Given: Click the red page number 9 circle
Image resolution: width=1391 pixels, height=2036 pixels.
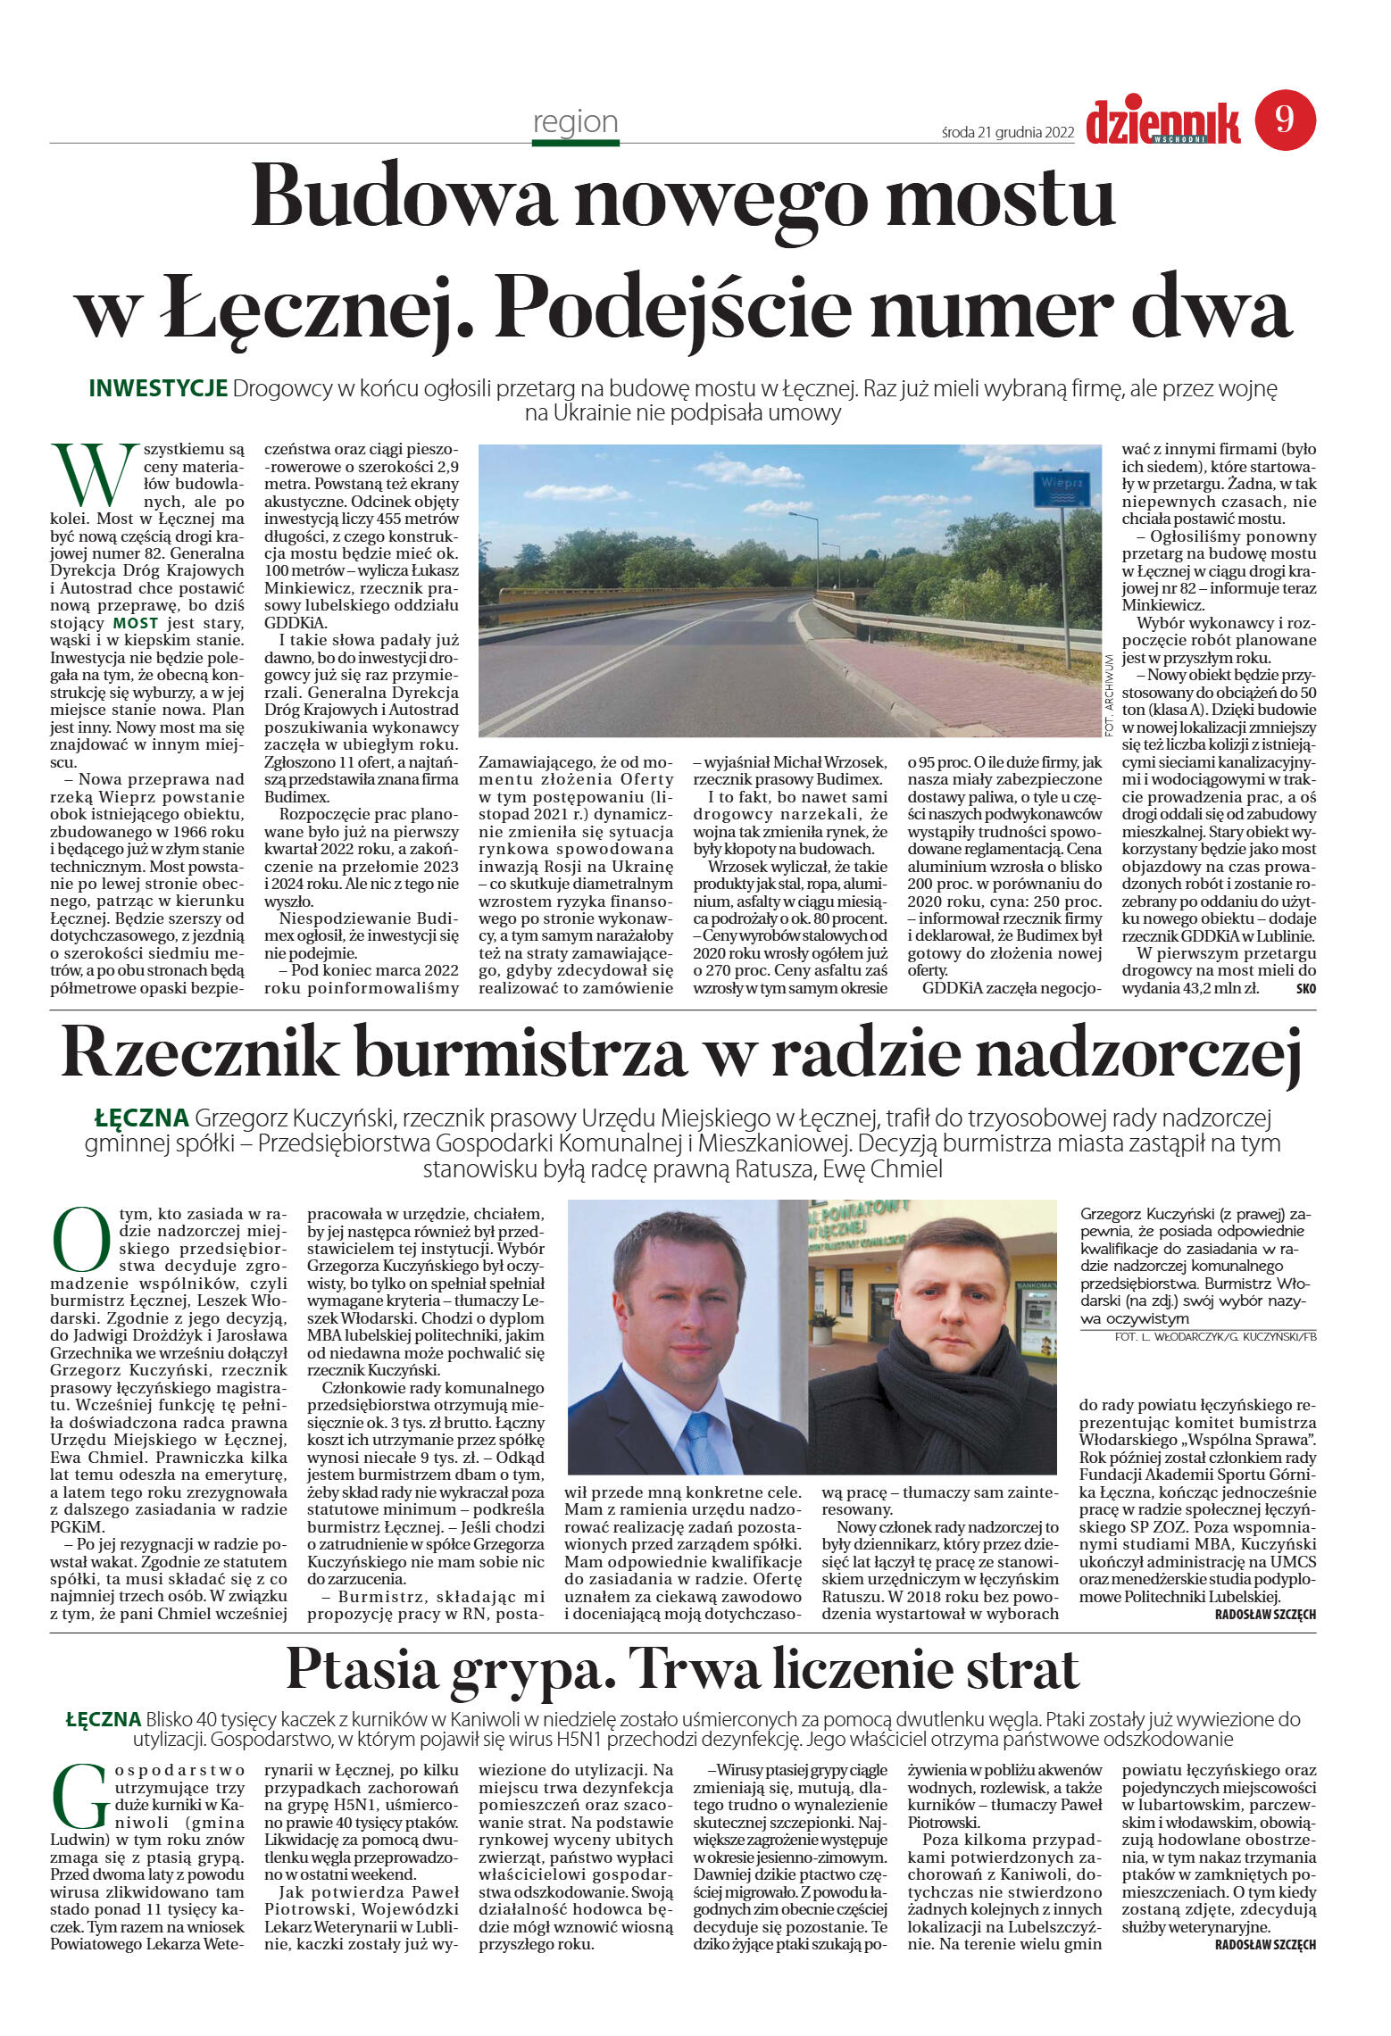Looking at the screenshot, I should pyautogui.click(x=1285, y=120).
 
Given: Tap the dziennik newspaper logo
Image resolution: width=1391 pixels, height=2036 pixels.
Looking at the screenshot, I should pyautogui.click(x=1162, y=122).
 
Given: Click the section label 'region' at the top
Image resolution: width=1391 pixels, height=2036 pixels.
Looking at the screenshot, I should pyautogui.click(x=575, y=121).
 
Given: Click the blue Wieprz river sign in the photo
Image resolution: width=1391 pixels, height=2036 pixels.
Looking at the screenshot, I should pyautogui.click(x=1062, y=490).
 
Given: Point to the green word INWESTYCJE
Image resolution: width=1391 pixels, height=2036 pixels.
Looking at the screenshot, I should pyautogui.click(x=158, y=389).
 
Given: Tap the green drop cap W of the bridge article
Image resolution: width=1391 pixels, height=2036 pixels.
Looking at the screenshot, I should pyautogui.click(x=87, y=474).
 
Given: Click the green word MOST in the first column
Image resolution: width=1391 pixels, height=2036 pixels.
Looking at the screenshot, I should pyautogui.click(x=136, y=623).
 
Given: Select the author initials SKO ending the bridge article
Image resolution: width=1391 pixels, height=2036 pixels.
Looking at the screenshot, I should pyautogui.click(x=1305, y=988).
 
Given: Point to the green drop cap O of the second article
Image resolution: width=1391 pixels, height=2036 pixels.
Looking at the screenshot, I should pyautogui.click(x=81, y=1241).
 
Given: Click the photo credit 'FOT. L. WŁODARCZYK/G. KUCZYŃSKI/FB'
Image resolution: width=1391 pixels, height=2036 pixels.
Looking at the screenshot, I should pyautogui.click(x=1215, y=1336).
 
